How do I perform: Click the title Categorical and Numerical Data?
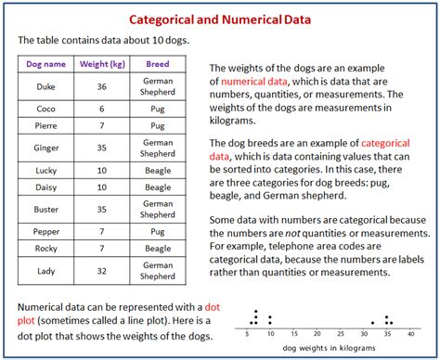pos(219,19)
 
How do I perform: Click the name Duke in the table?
pos(45,87)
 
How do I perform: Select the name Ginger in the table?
pos(45,147)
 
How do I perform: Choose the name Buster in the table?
pos(45,208)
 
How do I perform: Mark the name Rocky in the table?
pos(45,248)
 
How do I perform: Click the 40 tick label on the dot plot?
pos(409,332)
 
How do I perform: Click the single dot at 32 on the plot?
pos(372,322)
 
